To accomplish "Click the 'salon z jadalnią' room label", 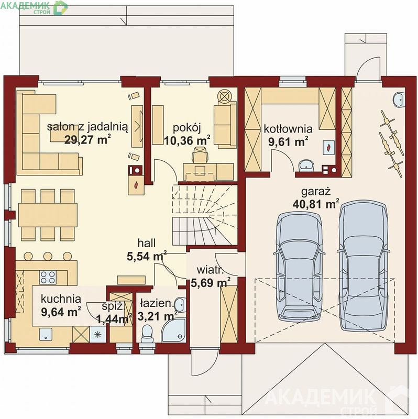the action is (87, 127).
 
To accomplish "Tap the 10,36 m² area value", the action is (187, 140).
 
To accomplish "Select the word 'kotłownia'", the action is (288, 129).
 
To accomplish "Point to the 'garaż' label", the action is (316, 192).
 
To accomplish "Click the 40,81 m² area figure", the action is (316, 204).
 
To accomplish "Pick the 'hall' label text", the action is (147, 243).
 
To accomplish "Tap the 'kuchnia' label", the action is (61, 299).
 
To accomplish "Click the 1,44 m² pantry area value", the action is (114, 319).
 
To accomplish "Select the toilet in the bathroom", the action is (146, 333).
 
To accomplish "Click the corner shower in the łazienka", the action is (174, 330).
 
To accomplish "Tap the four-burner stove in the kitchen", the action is (48, 277).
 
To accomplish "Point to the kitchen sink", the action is (46, 334).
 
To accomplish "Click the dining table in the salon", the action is (48, 215).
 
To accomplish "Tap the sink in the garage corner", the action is (399, 100).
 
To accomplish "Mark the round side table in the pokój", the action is (224, 95).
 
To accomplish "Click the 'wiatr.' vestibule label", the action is (210, 270).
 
